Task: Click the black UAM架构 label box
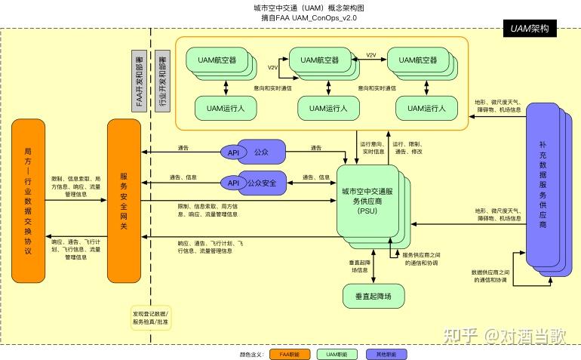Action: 529,29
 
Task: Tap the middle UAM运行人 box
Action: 323,108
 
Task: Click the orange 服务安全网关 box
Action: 124,200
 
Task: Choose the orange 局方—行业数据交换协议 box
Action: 28,200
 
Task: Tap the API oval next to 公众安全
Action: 233,183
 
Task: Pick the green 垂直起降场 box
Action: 373,296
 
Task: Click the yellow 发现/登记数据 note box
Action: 151,318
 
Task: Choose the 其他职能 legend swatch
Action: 386,353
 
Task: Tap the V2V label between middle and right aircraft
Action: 371,54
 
